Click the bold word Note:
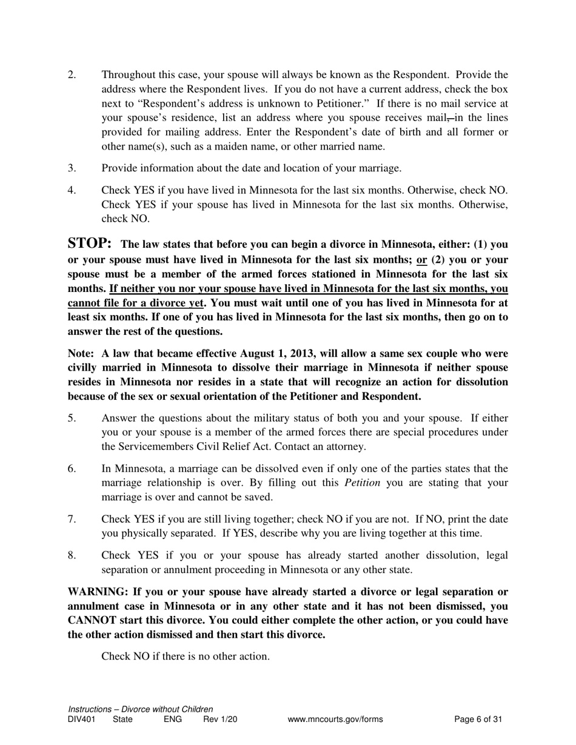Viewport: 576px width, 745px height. [x=81, y=354]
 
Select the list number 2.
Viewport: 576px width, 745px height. [x=72, y=75]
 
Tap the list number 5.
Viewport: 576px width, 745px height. [x=72, y=419]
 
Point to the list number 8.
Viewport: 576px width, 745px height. [x=72, y=555]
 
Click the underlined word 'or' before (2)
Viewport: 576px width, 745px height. [x=422, y=260]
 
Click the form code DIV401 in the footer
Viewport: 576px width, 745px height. [x=81, y=720]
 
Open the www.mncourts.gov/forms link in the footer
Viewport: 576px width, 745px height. [x=335, y=720]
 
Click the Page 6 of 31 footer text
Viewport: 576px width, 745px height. [x=478, y=720]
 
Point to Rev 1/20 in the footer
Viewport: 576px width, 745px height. [x=220, y=720]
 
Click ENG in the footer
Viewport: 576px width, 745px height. [x=173, y=720]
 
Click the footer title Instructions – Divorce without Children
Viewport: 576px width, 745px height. [x=140, y=709]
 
